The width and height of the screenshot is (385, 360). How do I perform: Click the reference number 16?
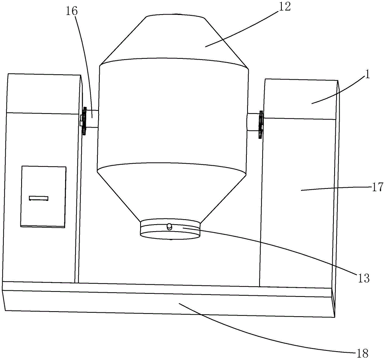pyautogui.click(x=72, y=11)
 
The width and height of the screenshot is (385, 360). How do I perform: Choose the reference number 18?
pyautogui.click(x=362, y=352)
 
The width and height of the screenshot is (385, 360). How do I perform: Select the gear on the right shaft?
pyautogui.click(x=261, y=125)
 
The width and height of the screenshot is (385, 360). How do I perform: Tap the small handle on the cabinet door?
pyautogui.click(x=39, y=198)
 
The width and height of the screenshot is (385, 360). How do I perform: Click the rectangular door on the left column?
pyautogui.click(x=44, y=196)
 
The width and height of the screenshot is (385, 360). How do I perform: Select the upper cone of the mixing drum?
pyautogui.click(x=174, y=38)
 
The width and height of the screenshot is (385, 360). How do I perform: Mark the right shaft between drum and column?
pyautogui.click(x=253, y=122)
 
